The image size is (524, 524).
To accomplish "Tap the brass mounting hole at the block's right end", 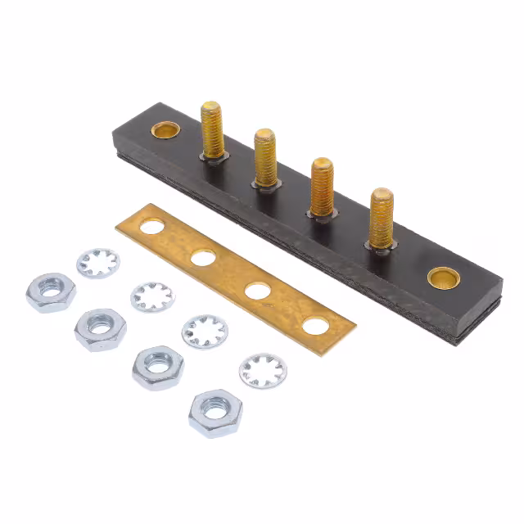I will click(x=443, y=278).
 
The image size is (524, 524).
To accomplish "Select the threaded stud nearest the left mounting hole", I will click(x=213, y=131).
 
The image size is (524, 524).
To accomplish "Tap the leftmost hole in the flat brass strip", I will click(x=152, y=226).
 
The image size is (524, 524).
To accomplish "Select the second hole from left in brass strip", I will click(x=203, y=258).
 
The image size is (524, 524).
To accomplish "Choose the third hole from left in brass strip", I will click(x=257, y=290).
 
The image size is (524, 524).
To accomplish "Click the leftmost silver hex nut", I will click(x=50, y=292).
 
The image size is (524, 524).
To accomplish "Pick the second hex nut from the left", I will click(x=100, y=328).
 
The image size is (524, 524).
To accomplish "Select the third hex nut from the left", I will click(x=158, y=367).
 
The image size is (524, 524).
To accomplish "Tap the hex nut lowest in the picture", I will click(x=215, y=413).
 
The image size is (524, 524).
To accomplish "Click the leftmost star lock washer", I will click(x=98, y=263).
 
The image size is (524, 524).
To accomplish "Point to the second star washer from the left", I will click(x=152, y=296).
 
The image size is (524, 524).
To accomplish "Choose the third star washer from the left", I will click(x=205, y=331).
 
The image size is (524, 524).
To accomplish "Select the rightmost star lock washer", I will click(x=263, y=370).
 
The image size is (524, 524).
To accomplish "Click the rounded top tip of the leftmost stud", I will click(x=212, y=107).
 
